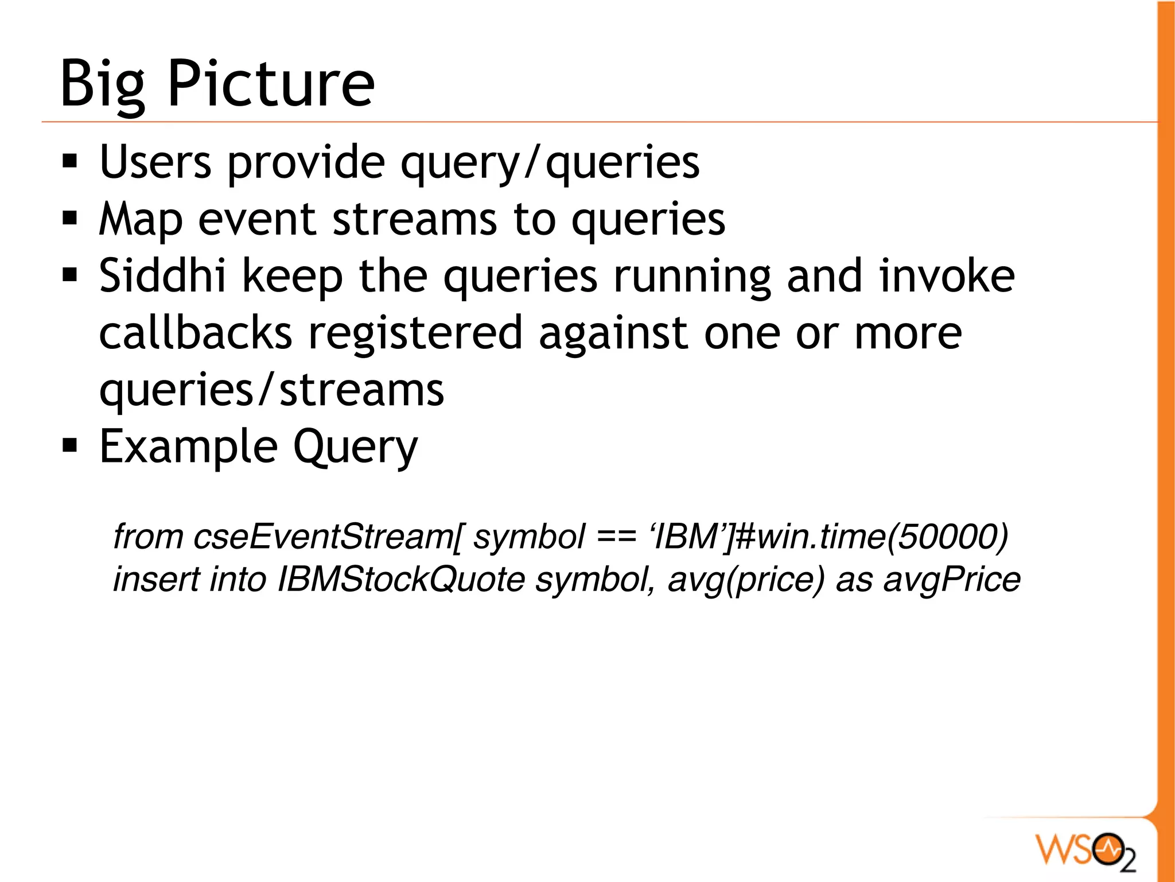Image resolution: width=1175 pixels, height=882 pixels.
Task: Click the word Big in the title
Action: pos(103,85)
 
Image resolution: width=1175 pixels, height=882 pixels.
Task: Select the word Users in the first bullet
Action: pos(155,162)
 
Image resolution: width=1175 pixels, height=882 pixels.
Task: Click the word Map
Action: pos(141,220)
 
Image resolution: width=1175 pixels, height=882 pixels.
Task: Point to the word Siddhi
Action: pos(162,276)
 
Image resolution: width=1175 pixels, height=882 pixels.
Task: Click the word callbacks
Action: pos(196,333)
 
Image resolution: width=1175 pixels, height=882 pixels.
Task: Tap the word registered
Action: pos(415,334)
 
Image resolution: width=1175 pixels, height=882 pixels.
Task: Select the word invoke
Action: pos(947,276)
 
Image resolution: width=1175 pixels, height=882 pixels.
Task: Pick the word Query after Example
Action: pos(356,448)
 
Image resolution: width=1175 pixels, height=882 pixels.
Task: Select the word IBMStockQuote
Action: pos(401,580)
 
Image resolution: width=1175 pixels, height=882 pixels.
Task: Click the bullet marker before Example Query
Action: pos(70,445)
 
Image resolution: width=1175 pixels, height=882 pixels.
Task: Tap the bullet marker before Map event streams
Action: pos(70,219)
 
